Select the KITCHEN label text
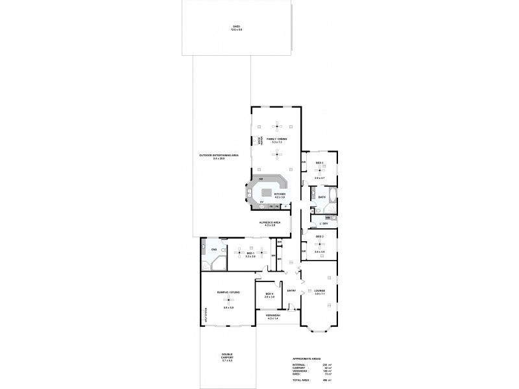(x=280, y=194)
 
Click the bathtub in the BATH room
(x=330, y=195)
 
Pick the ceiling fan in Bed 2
(x=319, y=244)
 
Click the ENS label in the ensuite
(x=213, y=249)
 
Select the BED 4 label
(x=270, y=294)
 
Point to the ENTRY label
(x=291, y=290)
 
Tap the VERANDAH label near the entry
(x=272, y=316)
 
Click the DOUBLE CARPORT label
(x=227, y=356)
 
